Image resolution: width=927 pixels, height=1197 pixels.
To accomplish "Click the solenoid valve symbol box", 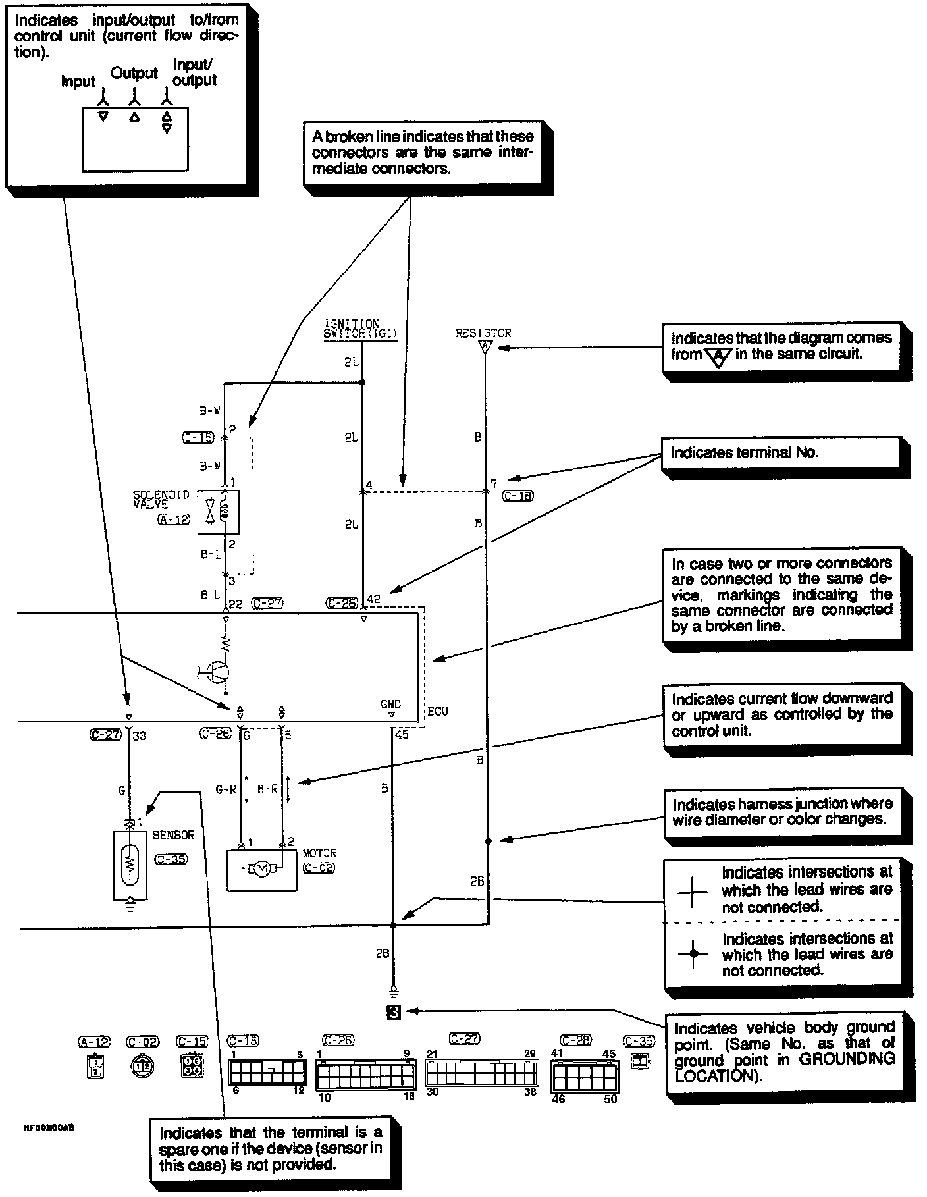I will point(224,512).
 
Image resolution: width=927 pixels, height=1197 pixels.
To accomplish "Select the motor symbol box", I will point(261,870).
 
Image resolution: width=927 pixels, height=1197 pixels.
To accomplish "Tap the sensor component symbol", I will point(130,863).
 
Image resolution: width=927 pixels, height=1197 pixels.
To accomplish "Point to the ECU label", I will point(438,712).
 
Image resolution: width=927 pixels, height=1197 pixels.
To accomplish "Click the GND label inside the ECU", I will point(390,705).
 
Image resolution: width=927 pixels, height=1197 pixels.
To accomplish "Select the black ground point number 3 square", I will point(393,1012).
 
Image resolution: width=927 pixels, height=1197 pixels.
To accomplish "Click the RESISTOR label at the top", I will point(483,333).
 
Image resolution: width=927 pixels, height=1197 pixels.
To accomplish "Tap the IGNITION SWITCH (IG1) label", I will point(360,329).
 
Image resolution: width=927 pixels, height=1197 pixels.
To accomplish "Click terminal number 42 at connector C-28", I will point(373,600).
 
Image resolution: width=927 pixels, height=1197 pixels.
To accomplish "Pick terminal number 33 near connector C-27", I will point(140,736).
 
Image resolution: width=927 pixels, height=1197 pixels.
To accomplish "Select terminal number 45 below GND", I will point(402,735).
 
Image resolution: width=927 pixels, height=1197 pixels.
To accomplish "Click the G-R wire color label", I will point(226,789).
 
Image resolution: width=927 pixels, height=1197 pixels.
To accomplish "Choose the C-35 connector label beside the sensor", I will point(171,859).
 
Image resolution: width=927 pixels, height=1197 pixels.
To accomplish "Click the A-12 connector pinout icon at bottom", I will point(96,1066).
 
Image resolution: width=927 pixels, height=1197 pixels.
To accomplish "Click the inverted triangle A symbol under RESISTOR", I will point(485,346).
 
